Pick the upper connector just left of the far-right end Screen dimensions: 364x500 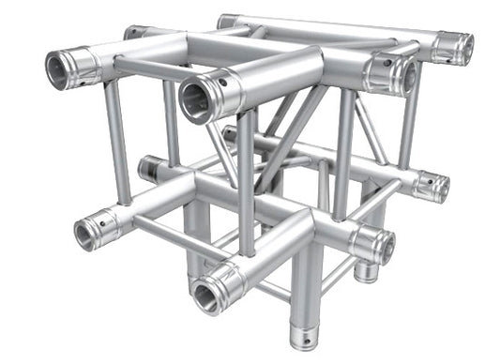[x=393, y=71]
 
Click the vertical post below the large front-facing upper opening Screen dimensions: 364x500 [x=246, y=178]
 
